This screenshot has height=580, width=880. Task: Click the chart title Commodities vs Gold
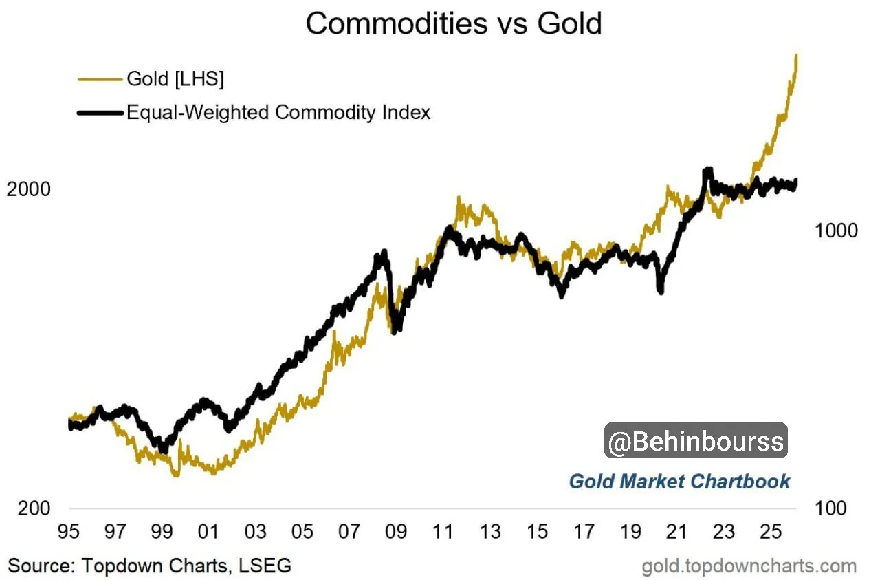pyautogui.click(x=454, y=24)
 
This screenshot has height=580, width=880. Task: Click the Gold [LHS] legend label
pyautogui.click(x=175, y=78)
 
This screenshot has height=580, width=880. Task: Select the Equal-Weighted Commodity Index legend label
pyautogui.click(x=278, y=111)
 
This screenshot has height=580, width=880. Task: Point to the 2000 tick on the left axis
pyautogui.click(x=29, y=189)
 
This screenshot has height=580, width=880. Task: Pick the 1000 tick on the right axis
pyautogui.click(x=836, y=230)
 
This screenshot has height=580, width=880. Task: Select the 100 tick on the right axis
pyautogui.click(x=831, y=508)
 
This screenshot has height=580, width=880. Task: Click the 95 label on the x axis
pyautogui.click(x=69, y=533)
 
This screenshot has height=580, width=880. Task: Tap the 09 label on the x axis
pyautogui.click(x=395, y=533)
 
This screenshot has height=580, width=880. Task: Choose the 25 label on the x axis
pyautogui.click(x=770, y=533)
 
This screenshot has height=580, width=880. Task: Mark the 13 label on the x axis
pyautogui.click(x=489, y=533)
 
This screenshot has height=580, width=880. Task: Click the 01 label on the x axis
pyautogui.click(x=208, y=533)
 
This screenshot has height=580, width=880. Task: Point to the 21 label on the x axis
pyautogui.click(x=677, y=533)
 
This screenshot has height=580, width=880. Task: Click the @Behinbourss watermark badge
pyautogui.click(x=696, y=441)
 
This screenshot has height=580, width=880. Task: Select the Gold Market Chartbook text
pyautogui.click(x=679, y=481)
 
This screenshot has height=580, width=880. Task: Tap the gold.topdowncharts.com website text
pyautogui.click(x=749, y=566)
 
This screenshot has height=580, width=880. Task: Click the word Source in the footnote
pyautogui.click(x=41, y=566)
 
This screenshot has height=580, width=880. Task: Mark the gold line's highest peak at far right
pyautogui.click(x=797, y=55)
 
